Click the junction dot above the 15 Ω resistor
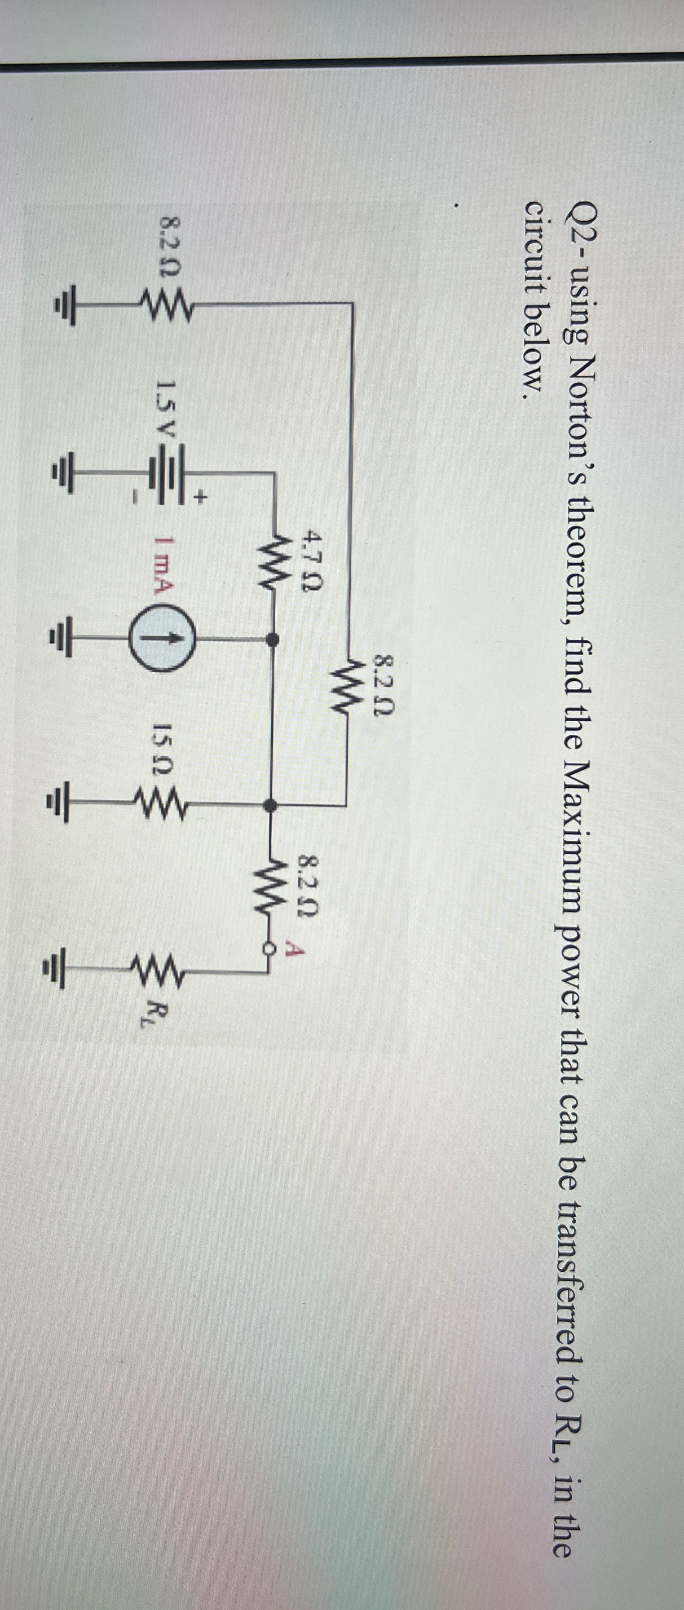pos(271,806)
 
